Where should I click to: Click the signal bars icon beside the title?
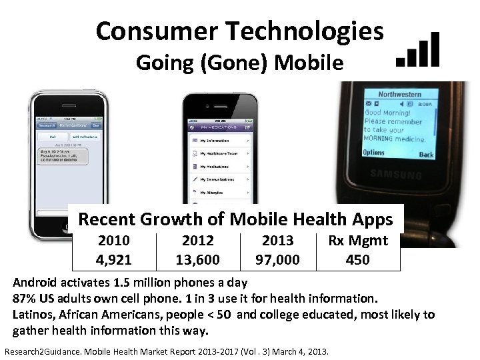point(418,49)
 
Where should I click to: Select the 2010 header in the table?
point(113,240)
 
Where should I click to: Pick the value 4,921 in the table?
point(113,259)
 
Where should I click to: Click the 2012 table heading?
point(197,240)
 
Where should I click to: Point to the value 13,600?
point(197,259)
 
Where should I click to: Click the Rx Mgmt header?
point(357,240)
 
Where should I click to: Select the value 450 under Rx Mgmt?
point(357,259)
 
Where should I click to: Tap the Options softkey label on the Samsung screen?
point(374,153)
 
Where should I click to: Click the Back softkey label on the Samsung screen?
point(426,154)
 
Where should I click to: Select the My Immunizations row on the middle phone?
point(220,179)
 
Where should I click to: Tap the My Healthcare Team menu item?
point(220,153)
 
